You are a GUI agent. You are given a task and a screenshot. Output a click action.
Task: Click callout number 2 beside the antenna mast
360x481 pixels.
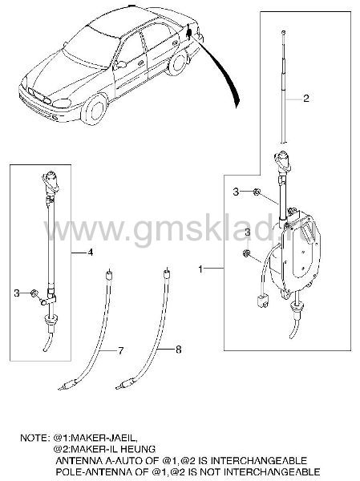coord(305,98)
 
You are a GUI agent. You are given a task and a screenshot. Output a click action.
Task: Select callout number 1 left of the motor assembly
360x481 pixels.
coord(200,269)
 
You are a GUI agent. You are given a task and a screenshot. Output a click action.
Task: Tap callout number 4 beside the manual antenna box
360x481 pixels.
coord(90,253)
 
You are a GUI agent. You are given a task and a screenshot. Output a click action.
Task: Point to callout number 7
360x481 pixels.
coord(120,350)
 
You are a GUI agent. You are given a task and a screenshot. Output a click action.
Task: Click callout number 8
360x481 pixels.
coord(178,349)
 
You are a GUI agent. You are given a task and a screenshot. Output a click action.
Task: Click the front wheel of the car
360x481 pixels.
coord(95,109)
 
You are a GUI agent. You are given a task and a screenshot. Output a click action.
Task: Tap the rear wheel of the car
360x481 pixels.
coord(177,63)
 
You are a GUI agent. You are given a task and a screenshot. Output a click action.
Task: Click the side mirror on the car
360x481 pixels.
coord(121,64)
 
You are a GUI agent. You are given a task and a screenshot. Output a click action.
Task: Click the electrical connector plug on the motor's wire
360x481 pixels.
coord(262,301)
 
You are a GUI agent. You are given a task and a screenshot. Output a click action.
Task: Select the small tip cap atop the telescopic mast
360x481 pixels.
coord(283,32)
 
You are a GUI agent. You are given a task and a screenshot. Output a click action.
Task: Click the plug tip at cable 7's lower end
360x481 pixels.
coord(61,389)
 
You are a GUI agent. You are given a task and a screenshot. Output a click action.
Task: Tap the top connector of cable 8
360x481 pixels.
coord(167,273)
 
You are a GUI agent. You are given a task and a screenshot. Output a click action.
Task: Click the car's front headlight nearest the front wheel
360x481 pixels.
coord(62,103)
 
